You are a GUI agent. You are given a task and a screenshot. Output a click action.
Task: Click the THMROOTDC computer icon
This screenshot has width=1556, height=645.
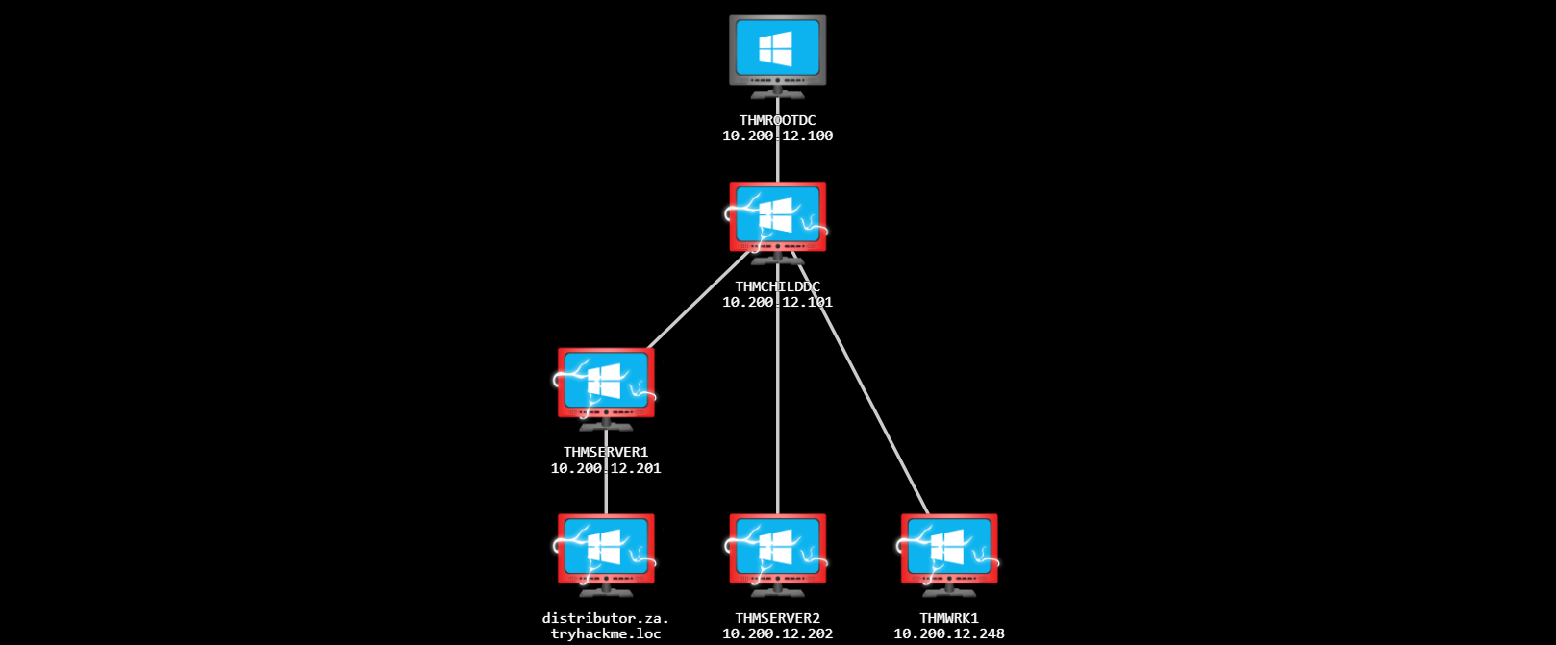click(777, 52)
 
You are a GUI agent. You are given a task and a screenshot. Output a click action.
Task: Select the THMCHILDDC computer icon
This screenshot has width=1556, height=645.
click(777, 218)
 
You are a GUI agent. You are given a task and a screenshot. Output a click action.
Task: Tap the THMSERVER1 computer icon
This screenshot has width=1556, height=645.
click(606, 384)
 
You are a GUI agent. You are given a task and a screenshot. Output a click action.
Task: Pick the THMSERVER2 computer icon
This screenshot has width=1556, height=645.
click(777, 550)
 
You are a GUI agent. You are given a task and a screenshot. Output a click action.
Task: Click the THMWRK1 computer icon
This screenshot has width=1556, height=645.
click(949, 550)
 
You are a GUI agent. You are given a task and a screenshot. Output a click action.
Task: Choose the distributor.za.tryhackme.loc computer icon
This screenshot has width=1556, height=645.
click(606, 550)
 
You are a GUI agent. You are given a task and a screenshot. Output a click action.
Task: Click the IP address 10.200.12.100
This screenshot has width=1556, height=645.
click(777, 136)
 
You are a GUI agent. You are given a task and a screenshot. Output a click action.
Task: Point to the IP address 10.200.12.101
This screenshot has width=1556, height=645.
click(777, 303)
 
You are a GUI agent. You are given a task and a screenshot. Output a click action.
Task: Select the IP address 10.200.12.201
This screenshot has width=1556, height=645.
click(606, 469)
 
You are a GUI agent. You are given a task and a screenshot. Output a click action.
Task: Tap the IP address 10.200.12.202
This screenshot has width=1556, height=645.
click(777, 634)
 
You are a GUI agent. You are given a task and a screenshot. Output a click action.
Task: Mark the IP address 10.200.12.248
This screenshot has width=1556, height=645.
click(949, 634)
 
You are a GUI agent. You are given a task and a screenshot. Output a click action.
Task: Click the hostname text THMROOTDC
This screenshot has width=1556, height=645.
click(777, 120)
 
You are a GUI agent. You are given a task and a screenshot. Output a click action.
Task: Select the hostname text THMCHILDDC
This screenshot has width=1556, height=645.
click(777, 286)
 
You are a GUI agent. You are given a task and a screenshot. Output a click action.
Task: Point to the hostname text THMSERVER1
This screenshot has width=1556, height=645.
click(606, 452)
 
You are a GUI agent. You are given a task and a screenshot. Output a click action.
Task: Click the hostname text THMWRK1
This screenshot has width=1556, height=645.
click(949, 618)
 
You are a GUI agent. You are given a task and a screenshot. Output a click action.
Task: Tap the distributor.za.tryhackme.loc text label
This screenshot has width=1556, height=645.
click(606, 626)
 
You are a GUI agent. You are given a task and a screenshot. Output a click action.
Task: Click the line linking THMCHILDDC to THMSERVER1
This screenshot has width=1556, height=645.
click(697, 300)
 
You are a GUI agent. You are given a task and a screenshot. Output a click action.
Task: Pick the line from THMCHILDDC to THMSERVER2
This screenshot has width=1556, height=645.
click(778, 413)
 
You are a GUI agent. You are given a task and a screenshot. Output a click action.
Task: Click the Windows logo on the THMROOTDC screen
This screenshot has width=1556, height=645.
click(775, 48)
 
